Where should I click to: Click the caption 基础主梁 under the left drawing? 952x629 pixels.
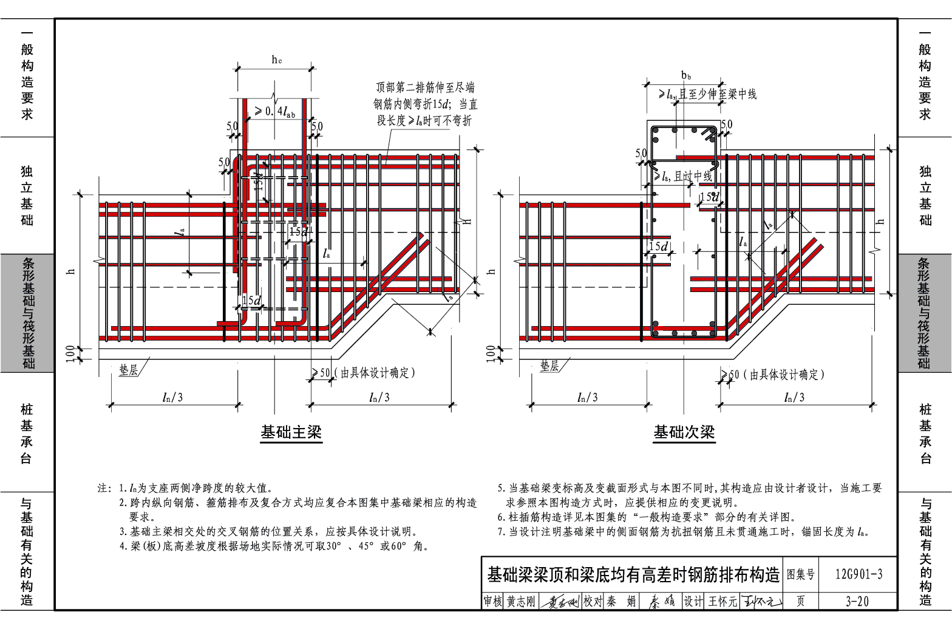[291, 432]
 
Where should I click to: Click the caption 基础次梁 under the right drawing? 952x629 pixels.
[684, 432]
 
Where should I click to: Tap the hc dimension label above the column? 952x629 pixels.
[276, 59]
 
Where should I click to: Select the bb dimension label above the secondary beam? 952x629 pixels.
[686, 75]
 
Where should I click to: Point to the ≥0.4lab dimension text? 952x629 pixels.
[275, 111]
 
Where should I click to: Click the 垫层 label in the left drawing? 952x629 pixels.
[128, 370]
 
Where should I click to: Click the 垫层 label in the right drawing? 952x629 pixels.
[549, 366]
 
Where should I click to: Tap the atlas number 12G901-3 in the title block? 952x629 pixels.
[858, 574]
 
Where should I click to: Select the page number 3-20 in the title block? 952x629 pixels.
[857, 601]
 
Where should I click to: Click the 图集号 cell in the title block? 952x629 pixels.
[801, 574]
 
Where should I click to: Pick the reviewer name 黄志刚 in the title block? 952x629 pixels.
[521, 601]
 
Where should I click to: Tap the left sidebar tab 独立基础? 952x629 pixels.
[27, 195]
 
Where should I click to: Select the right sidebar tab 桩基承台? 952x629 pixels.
[925, 433]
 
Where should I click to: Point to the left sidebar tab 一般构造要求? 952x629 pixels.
[27, 74]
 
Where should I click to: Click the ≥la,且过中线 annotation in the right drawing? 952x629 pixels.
[682, 177]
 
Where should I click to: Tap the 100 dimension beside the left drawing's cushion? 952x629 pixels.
[70, 353]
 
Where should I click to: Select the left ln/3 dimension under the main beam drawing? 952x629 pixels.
[172, 397]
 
